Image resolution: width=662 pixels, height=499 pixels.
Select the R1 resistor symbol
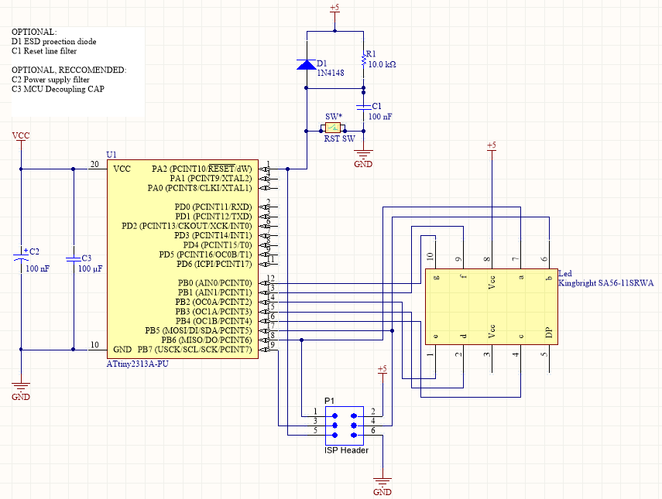click(363, 60)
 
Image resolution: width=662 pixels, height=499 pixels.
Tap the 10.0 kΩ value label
click(382, 65)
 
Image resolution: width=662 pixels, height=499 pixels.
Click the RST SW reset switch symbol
click(333, 128)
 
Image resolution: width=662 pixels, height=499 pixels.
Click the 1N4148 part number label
click(331, 73)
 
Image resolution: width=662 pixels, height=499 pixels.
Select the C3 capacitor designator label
click(86, 258)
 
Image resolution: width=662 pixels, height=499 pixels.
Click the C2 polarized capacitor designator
click(33, 252)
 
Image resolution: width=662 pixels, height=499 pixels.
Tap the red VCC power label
click(21, 135)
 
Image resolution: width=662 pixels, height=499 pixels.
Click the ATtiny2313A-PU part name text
click(137, 362)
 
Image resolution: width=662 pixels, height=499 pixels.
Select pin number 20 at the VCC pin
click(94, 164)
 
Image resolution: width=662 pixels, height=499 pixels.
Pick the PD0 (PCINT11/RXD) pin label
click(213, 207)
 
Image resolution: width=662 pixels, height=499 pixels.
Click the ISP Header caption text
click(346, 450)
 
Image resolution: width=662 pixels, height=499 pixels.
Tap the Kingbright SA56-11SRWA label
click(605, 283)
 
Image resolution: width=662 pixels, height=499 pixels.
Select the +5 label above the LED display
click(491, 145)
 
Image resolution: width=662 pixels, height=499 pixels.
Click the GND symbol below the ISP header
click(382, 487)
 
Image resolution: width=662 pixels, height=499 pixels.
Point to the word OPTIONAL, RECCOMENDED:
click(68, 70)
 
